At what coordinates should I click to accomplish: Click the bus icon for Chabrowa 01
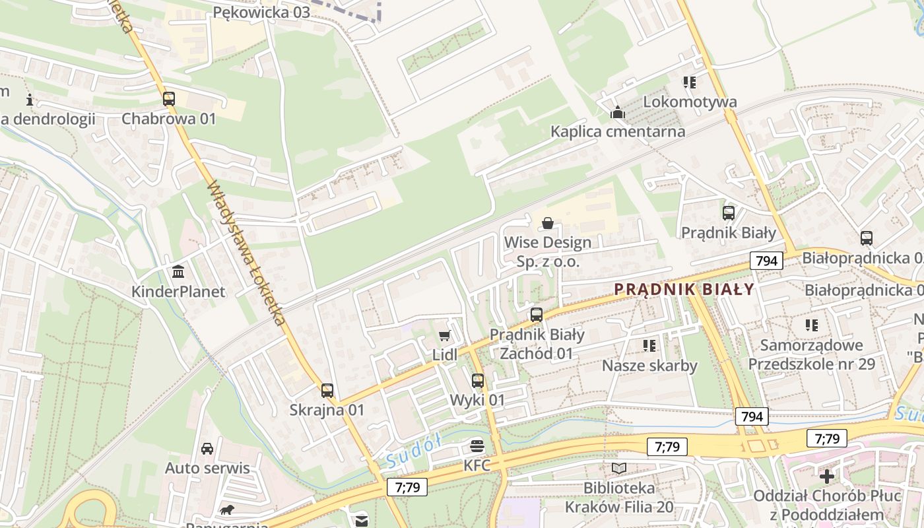point(169,99)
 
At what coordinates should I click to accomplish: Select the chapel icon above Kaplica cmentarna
point(618,112)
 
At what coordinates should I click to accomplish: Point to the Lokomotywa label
point(690,102)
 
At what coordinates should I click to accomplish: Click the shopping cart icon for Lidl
point(445,336)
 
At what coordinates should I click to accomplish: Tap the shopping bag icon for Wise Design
point(547,223)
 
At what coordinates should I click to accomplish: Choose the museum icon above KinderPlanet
point(178,272)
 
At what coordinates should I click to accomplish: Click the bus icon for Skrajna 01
point(327,391)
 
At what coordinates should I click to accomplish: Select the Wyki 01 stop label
point(477,400)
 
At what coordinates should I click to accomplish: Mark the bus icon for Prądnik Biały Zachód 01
point(537,315)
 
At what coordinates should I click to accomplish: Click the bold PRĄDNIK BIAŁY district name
point(684,289)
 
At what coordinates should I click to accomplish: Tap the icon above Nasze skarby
point(649,346)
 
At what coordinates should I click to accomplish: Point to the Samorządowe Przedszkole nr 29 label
point(811,354)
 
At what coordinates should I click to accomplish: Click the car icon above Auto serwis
point(207,449)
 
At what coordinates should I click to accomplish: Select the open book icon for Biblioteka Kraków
point(618,469)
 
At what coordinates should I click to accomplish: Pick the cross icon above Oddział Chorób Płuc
point(827,476)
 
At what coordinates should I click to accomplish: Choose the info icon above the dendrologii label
point(29,100)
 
